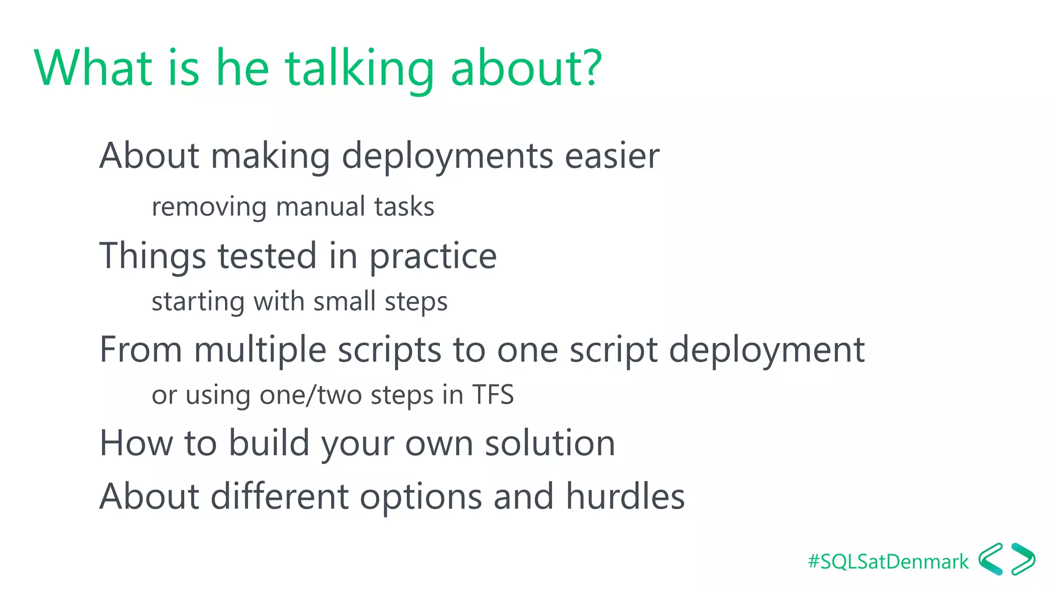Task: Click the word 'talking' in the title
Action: pyautogui.click(x=360, y=69)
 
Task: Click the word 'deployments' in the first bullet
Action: pyautogui.click(x=447, y=157)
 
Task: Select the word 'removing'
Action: pyautogui.click(x=209, y=208)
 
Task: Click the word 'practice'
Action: pyautogui.click(x=433, y=256)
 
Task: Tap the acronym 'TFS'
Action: pyautogui.click(x=493, y=395)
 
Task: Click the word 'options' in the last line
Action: pyautogui.click(x=421, y=497)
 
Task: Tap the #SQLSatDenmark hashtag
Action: pyautogui.click(x=888, y=562)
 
